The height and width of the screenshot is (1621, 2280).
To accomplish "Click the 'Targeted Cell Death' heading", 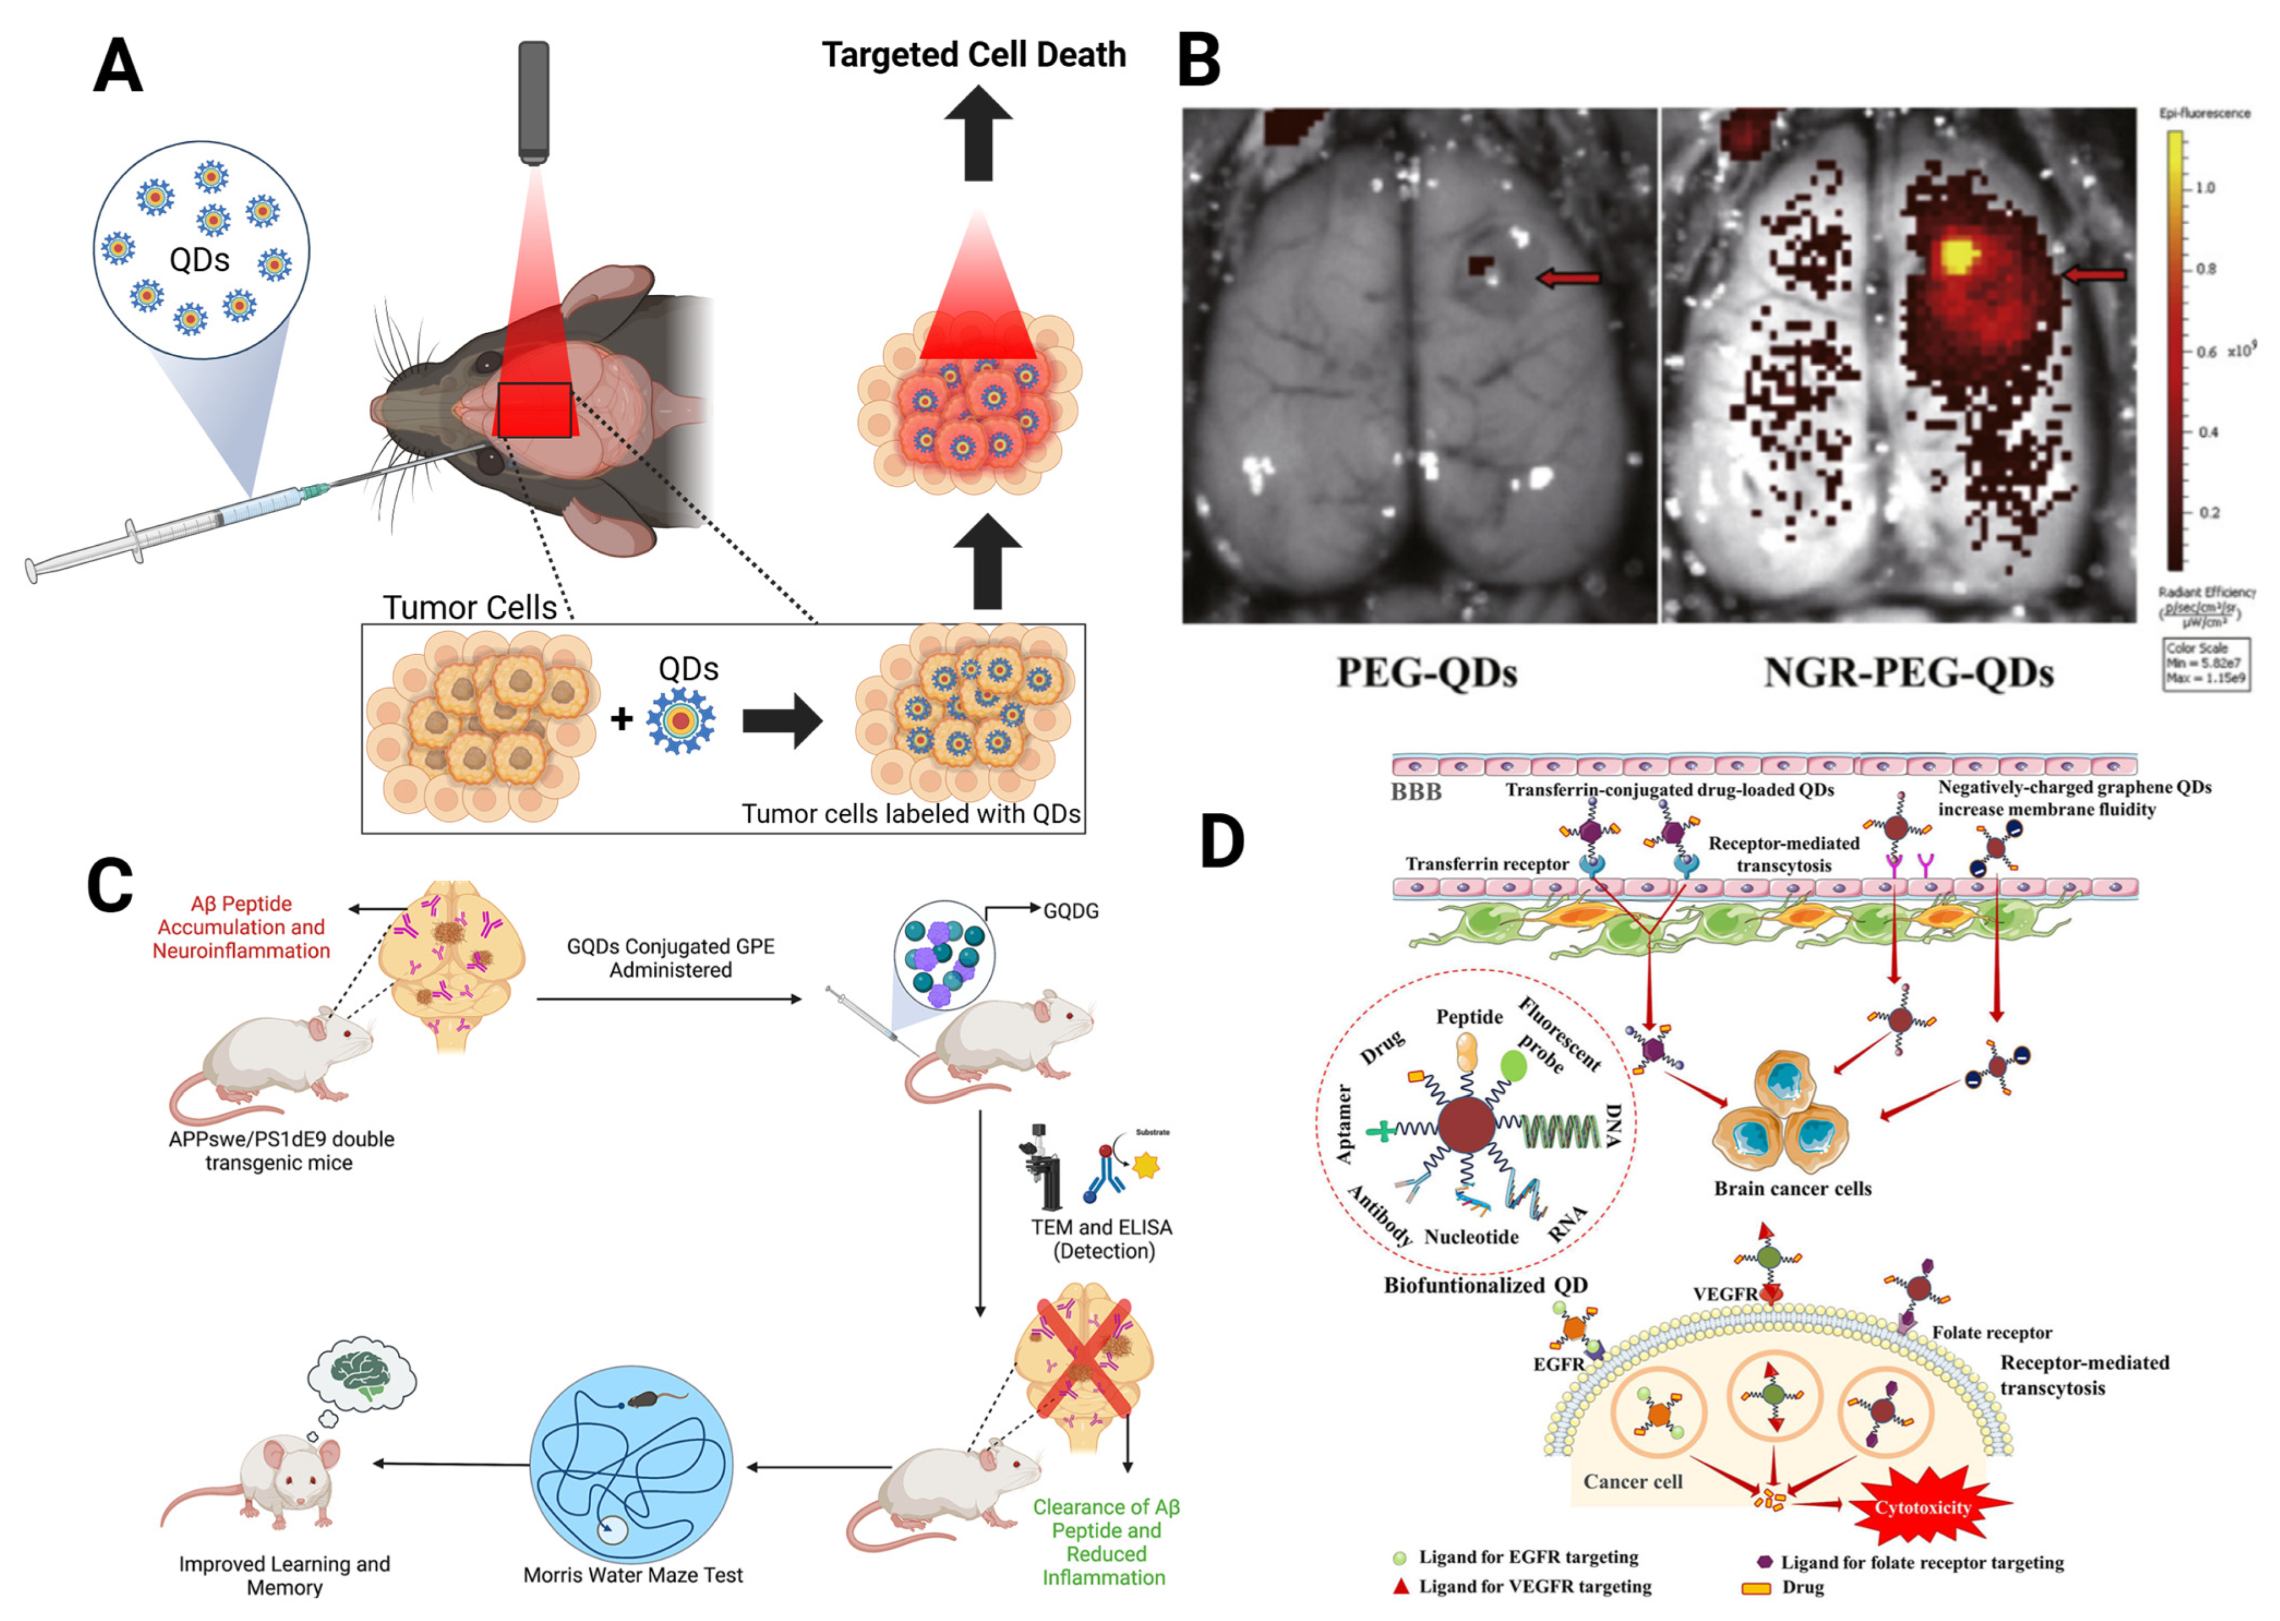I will [x=973, y=55].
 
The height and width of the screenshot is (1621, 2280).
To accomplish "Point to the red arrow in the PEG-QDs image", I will [x=1567, y=279].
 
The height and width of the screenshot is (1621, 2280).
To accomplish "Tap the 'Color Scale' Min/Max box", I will [x=2205, y=664].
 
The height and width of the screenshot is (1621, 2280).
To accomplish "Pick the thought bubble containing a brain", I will [x=362, y=1373].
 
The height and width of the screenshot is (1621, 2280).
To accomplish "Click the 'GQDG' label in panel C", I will [x=1070, y=911].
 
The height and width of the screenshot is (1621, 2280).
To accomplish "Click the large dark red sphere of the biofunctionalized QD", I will [x=1465, y=1125].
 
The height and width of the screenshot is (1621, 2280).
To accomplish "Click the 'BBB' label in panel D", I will [x=1416, y=792].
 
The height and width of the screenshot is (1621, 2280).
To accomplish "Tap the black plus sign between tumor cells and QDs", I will [x=621, y=718].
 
